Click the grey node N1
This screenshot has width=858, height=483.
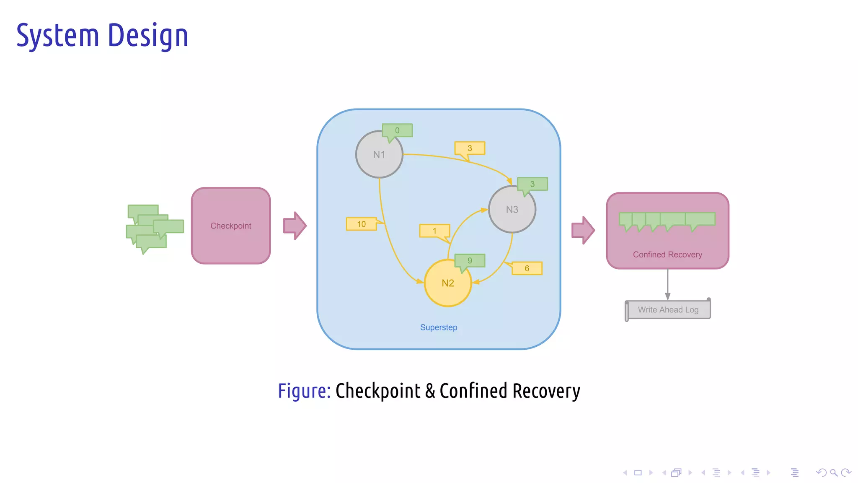pyautogui.click(x=379, y=154)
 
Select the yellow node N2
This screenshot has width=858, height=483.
pyautogui.click(x=447, y=283)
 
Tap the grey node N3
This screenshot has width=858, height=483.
pyautogui.click(x=512, y=209)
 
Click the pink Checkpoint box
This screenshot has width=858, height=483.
pyautogui.click(x=231, y=226)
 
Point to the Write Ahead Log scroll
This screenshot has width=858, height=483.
pyautogui.click(x=668, y=310)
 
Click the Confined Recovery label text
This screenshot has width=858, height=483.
pyautogui.click(x=667, y=254)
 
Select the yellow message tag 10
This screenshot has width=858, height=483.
pyautogui.click(x=361, y=224)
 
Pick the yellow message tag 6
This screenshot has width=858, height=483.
pyautogui.click(x=527, y=268)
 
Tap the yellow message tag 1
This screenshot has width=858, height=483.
pyautogui.click(x=434, y=231)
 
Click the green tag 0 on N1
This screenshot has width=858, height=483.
pyautogui.click(x=397, y=130)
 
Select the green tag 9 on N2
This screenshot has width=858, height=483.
pyautogui.click(x=470, y=260)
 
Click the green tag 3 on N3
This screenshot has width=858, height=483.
pyautogui.click(x=532, y=184)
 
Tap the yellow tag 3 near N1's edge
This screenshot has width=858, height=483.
pyautogui.click(x=470, y=148)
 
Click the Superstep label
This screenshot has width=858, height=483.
pyautogui.click(x=439, y=327)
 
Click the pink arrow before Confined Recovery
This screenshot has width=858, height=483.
pyautogui.click(x=583, y=230)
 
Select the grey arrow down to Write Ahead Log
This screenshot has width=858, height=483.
pyautogui.click(x=667, y=284)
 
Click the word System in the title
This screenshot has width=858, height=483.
pyautogui.click(x=57, y=36)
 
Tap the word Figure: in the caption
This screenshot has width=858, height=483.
pyautogui.click(x=304, y=391)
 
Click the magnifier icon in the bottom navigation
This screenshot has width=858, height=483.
pyautogui.click(x=834, y=473)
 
